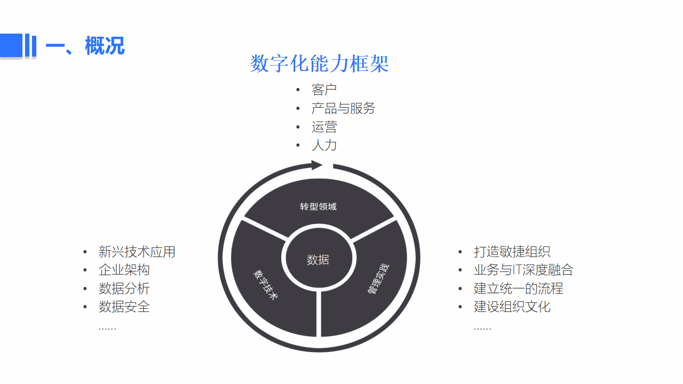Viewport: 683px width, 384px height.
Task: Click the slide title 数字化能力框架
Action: (x=319, y=63)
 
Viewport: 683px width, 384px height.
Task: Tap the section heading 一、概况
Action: (x=85, y=46)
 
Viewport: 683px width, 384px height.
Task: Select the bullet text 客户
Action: (x=324, y=90)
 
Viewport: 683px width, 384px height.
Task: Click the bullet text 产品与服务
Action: (x=343, y=108)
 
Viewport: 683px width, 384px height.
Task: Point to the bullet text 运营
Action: (x=324, y=127)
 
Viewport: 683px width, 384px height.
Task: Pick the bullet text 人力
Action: (x=324, y=145)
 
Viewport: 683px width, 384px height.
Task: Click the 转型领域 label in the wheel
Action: (x=319, y=206)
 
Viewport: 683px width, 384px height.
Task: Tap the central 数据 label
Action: (x=318, y=260)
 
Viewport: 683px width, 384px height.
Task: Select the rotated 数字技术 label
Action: (x=266, y=285)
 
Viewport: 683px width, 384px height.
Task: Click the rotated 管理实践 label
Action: (x=378, y=279)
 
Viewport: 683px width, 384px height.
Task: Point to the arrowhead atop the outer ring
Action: (x=317, y=165)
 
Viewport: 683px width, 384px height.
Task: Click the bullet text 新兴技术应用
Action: (x=137, y=252)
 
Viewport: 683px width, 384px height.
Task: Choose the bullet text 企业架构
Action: (x=124, y=270)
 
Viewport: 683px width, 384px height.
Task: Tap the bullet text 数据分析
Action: (x=124, y=289)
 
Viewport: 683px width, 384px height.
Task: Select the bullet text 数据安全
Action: (x=124, y=307)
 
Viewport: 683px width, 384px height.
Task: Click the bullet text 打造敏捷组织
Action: (x=512, y=252)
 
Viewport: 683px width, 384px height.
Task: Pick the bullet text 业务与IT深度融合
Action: (x=523, y=270)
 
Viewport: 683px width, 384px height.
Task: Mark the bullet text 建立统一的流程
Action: (x=518, y=289)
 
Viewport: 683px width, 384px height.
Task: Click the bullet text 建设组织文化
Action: (x=512, y=307)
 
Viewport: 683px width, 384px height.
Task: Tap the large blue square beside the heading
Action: (x=11, y=45)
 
